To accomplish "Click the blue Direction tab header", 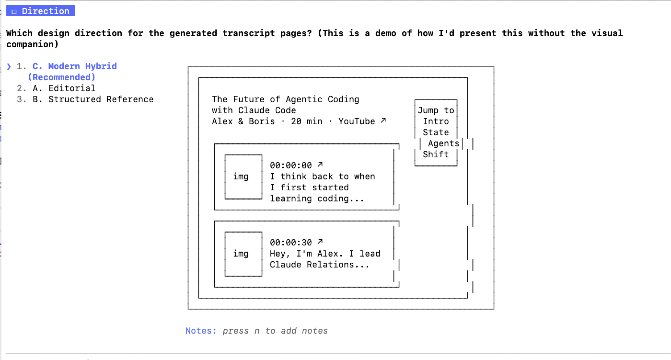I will (40, 11).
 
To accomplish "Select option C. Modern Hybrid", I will (74, 66).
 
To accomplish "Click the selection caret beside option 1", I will (9, 67).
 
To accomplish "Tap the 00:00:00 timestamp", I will (291, 165).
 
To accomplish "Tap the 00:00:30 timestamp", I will (291, 243).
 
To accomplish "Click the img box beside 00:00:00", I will (243, 177).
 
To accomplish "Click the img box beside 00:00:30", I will (243, 254).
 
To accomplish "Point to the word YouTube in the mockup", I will (356, 121).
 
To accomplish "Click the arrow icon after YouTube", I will (383, 120).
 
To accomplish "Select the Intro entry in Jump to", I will (436, 121).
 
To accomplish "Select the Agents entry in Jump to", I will (443, 143).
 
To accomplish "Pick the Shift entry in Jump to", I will (436, 154).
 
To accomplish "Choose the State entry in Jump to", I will (436, 132).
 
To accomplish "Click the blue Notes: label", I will (201, 331).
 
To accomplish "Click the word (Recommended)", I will (62, 77).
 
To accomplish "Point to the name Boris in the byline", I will (262, 121).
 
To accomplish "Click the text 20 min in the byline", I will (306, 121).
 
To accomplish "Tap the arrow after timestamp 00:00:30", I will (320, 241).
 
